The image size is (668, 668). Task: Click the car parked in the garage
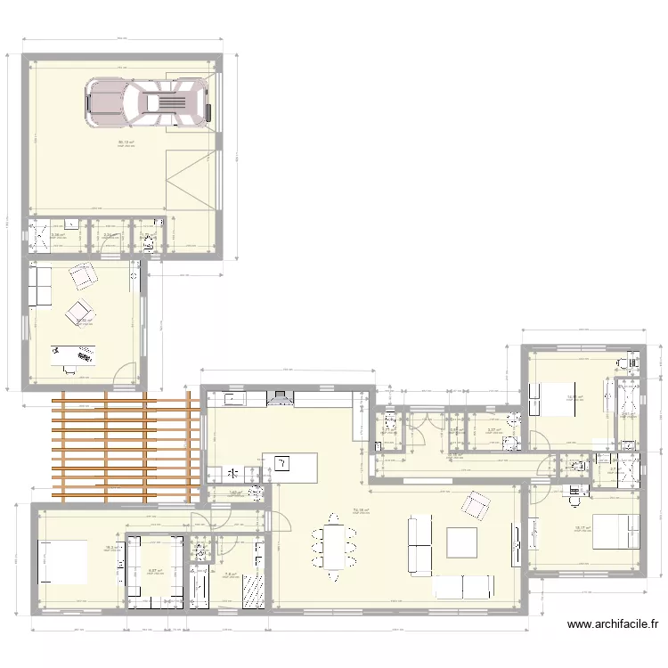point(148,101)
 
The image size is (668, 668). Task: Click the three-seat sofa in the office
point(39,285)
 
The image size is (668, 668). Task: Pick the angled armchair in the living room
point(475,507)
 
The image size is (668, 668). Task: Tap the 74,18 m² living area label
point(360,510)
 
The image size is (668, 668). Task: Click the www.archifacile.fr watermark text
point(612,626)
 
